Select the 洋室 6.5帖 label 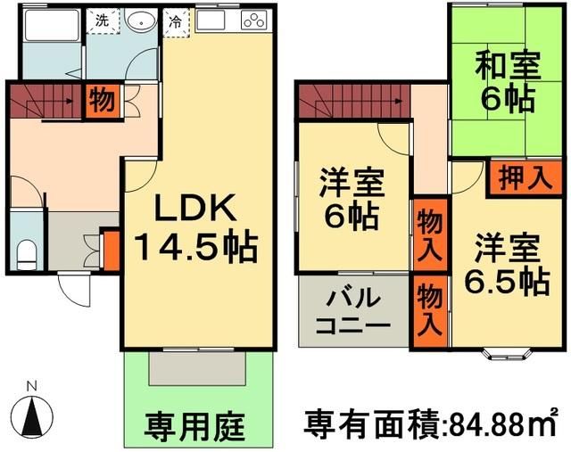(x=505, y=264)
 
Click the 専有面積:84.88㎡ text (x=432, y=420)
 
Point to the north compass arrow (x=33, y=413)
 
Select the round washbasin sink (x=138, y=21)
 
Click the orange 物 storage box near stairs (x=101, y=100)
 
